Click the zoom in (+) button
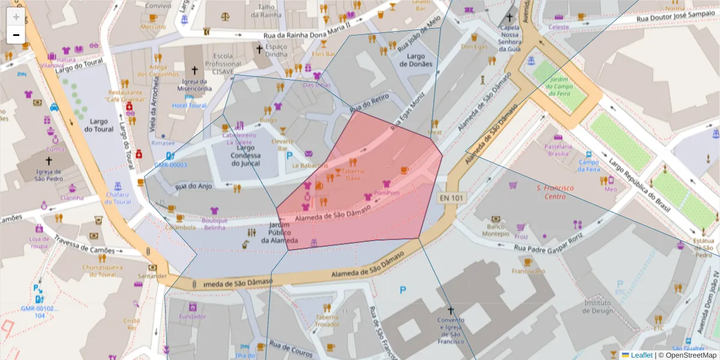pyautogui.click(x=16, y=17)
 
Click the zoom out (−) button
pyautogui.click(x=16, y=35)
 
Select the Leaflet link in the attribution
pyautogui.click(x=641, y=355)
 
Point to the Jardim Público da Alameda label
pyautogui.click(x=275, y=233)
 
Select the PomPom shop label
pyautogui.click(x=386, y=193)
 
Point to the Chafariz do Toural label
pyautogui.click(x=117, y=198)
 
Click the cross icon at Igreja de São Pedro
pyautogui.click(x=49, y=161)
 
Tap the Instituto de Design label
pyautogui.click(x=597, y=307)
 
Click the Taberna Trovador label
pyautogui.click(x=328, y=320)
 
